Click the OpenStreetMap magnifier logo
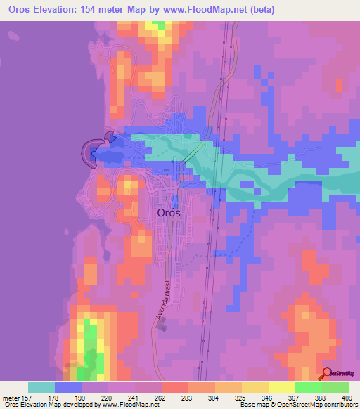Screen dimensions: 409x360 327,373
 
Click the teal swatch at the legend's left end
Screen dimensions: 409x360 41,387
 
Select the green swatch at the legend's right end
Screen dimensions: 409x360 335,387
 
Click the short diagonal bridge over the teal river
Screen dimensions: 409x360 190,153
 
